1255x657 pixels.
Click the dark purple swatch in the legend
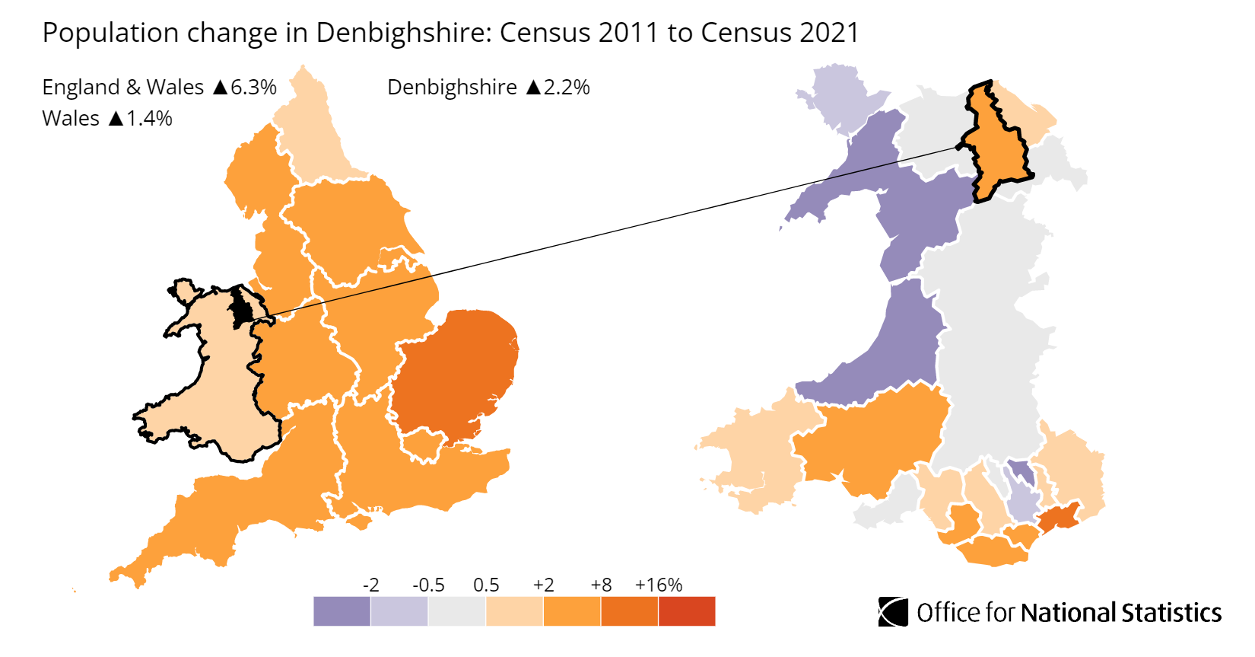[x=342, y=611]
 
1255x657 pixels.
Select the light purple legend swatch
[x=399, y=611]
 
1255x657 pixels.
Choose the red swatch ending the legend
[x=687, y=611]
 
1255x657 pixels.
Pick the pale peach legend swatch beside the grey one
[x=514, y=611]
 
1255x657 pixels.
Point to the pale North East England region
[x=312, y=137]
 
